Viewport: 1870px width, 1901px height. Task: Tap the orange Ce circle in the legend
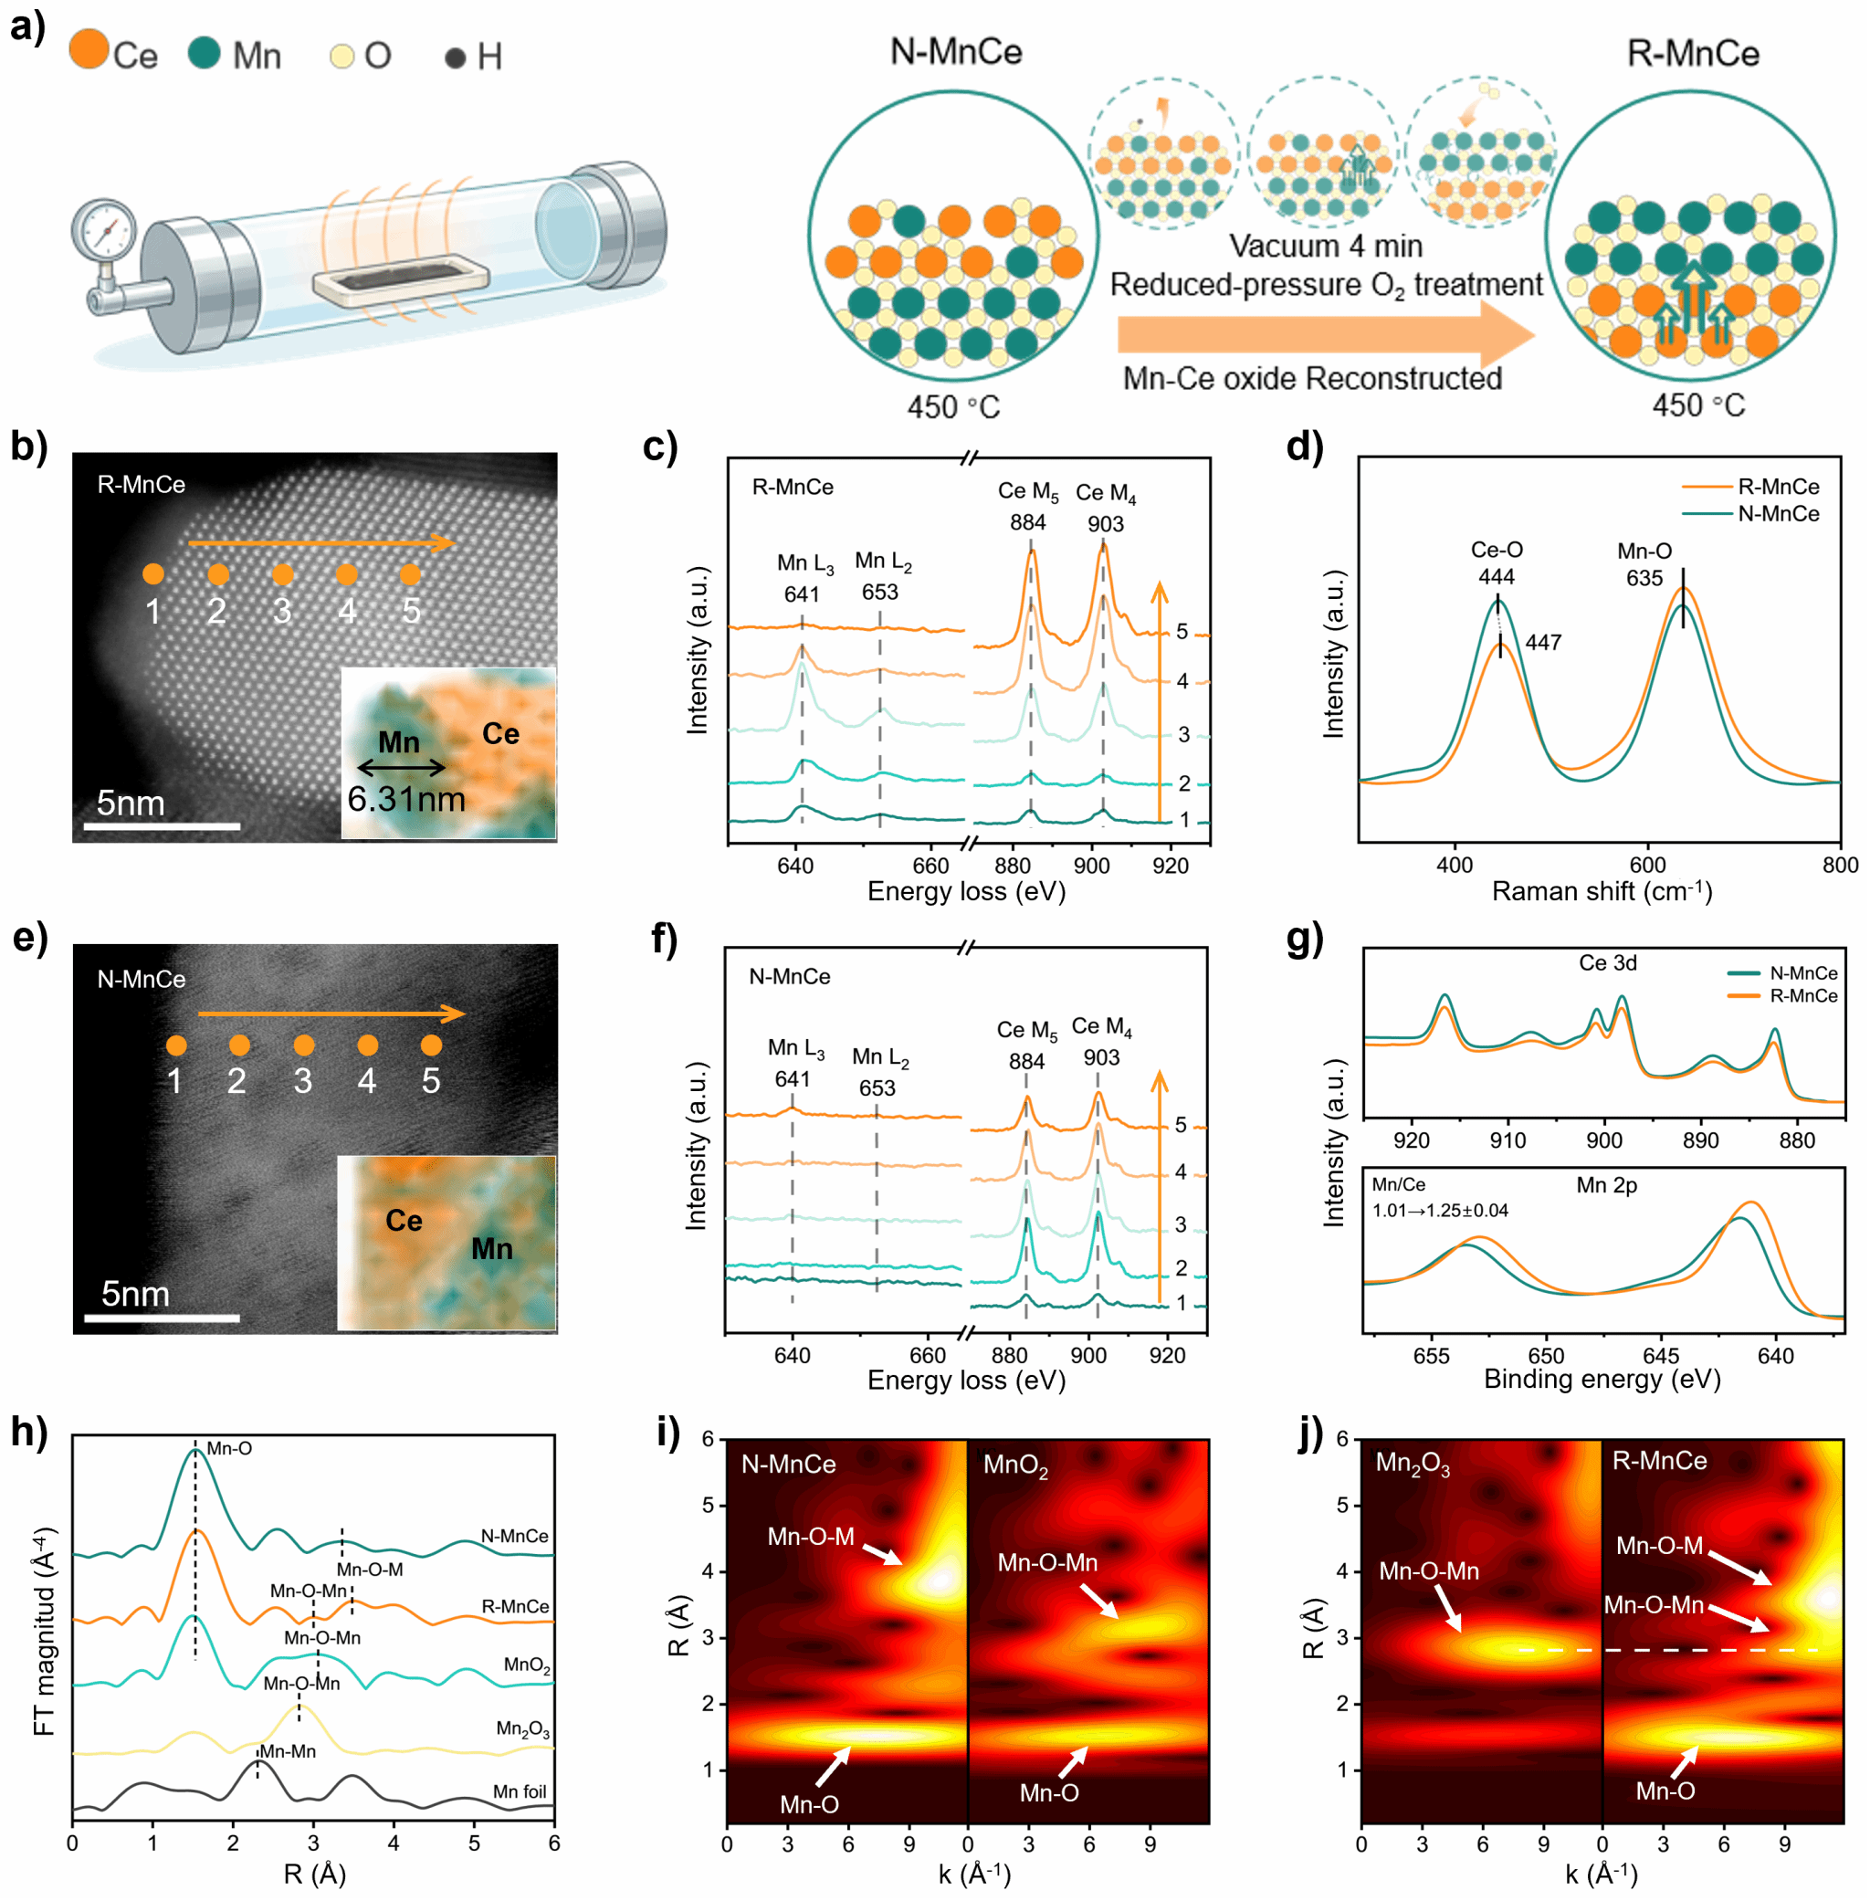click(x=89, y=49)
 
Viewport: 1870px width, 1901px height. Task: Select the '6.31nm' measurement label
click(x=406, y=798)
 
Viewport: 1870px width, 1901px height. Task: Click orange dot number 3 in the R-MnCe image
click(x=282, y=574)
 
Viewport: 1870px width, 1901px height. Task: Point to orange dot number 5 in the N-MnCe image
click(x=430, y=1045)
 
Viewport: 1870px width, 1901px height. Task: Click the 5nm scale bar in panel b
click(x=162, y=825)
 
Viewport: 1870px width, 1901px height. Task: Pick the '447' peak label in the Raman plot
click(x=1543, y=642)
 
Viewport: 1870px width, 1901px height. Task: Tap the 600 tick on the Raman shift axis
click(x=1647, y=865)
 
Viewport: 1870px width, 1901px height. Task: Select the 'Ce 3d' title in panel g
click(x=1608, y=962)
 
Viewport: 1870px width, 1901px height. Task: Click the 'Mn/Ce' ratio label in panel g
click(x=1399, y=1184)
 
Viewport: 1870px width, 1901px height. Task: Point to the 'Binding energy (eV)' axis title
click(x=1602, y=1379)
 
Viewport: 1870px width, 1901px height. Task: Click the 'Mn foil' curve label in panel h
click(x=520, y=1791)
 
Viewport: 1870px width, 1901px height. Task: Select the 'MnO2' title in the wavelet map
click(x=1015, y=1465)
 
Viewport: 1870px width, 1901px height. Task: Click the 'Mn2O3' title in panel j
click(x=1413, y=1463)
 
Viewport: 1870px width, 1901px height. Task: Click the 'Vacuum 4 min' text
click(x=1326, y=246)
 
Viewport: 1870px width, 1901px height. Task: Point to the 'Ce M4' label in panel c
click(x=1106, y=493)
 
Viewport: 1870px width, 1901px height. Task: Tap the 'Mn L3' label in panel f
click(x=795, y=1049)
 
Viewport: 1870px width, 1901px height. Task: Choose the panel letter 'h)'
click(x=29, y=1432)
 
